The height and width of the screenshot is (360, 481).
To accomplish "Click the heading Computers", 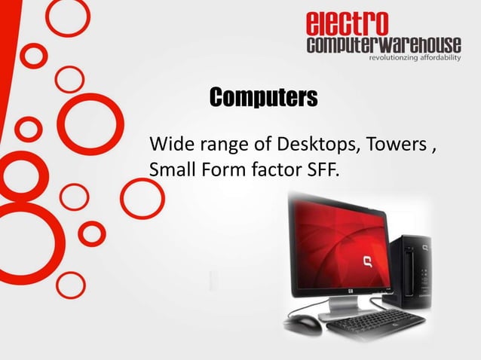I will coord(263,98).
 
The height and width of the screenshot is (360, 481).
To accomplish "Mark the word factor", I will coord(273,170).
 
